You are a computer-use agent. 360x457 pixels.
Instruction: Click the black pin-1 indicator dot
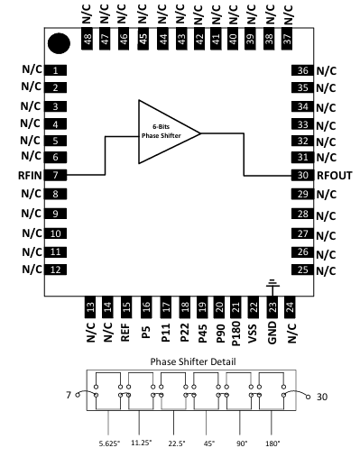60,42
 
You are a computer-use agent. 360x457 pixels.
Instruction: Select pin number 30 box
302,176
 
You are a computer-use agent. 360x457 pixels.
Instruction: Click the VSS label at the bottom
254,336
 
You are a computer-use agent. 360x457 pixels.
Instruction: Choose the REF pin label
125,335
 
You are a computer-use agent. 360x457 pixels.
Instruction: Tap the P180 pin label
235,338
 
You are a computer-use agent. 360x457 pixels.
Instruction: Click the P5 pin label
145,334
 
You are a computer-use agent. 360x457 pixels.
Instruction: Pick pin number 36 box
302,70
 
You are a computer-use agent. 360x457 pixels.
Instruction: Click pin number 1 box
55,69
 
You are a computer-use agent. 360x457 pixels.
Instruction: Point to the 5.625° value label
109,442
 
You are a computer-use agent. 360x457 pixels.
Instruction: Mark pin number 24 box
290,308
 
